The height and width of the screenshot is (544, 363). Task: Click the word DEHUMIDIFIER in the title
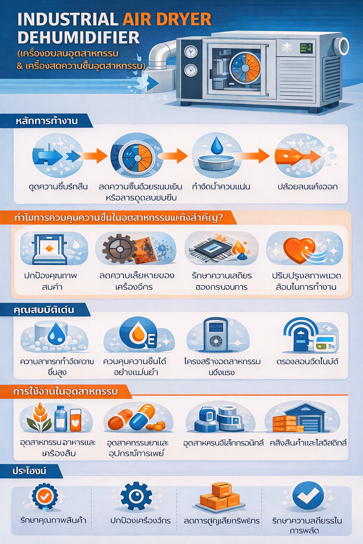click(x=79, y=38)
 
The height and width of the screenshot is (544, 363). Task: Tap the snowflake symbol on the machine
click(x=286, y=47)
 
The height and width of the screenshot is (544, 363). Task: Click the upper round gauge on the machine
click(x=191, y=52)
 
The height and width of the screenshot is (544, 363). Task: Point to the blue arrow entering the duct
click(x=152, y=84)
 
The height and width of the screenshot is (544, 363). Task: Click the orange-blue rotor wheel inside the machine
click(x=245, y=67)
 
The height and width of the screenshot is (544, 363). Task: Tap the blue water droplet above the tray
click(x=217, y=146)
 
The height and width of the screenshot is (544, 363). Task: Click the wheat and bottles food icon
click(x=55, y=418)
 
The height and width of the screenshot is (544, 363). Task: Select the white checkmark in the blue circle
click(x=308, y=496)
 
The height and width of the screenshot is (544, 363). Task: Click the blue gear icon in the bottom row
click(x=136, y=496)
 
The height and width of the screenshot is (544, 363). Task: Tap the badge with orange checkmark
click(x=45, y=497)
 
